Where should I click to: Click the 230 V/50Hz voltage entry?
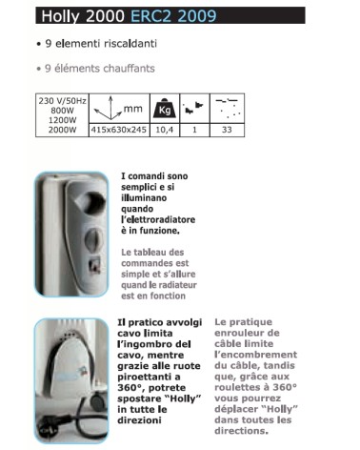click(x=60, y=100)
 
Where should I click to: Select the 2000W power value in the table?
click(x=60, y=129)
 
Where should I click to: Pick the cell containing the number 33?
click(x=225, y=129)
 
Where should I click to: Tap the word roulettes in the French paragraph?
click(x=245, y=389)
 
